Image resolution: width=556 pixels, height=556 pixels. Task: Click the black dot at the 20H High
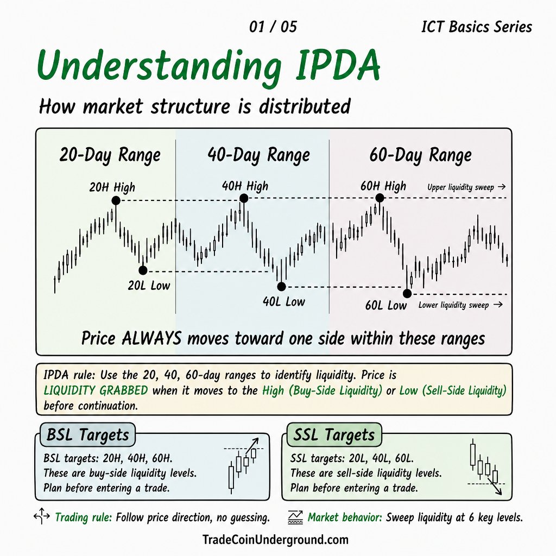pos(116,201)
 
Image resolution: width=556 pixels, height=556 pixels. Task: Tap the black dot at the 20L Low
pos(143,270)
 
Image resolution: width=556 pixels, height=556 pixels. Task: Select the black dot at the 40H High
pos(244,198)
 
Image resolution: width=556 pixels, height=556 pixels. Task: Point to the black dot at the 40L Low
pos(281,287)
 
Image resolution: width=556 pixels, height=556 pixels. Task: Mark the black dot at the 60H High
pos(380,198)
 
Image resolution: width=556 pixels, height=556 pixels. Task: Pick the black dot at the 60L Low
pos(407,294)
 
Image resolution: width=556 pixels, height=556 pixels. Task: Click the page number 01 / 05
pos(273,27)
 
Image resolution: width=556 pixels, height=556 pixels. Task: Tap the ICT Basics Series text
pos(477,27)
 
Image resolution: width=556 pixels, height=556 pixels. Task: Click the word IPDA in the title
pos(338,66)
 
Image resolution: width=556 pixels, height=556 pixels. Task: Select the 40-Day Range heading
pos(259,155)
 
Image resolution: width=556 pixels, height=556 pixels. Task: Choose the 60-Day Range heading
pos(421,155)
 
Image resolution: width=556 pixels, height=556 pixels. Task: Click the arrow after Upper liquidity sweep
pos(501,187)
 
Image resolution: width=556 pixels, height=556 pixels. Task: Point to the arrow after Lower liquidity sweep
pos(498,304)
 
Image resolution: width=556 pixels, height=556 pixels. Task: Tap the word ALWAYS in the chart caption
pos(152,338)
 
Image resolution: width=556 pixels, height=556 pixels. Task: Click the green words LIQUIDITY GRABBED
pos(96,390)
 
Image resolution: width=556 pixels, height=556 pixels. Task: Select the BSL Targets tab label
pos(87,435)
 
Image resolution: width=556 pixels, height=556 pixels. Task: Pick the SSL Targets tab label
pos(334,435)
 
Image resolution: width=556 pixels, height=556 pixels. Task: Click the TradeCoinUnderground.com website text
pos(275,540)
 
